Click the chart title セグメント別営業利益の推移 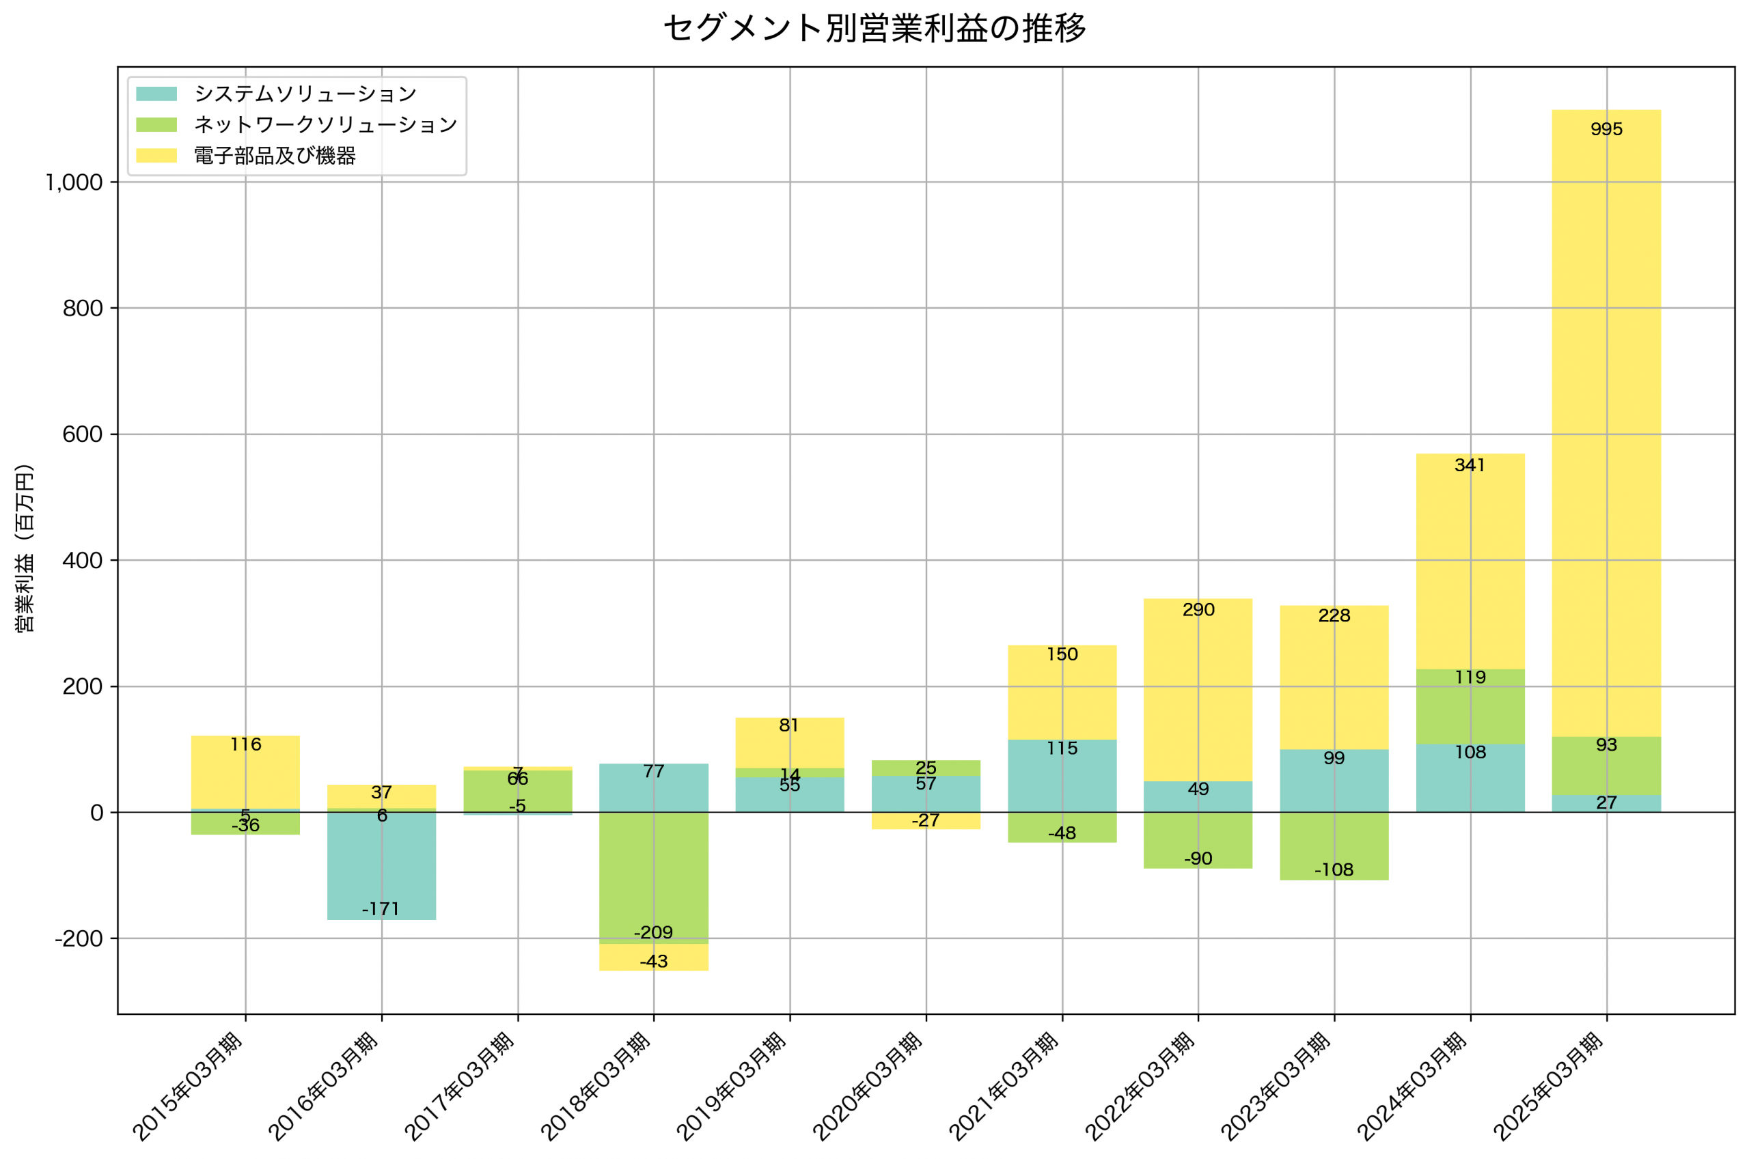874,29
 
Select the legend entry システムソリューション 305,94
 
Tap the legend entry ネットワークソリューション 325,125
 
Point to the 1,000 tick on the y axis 74,182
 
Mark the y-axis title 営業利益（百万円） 25,548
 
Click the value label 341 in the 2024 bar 1470,465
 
